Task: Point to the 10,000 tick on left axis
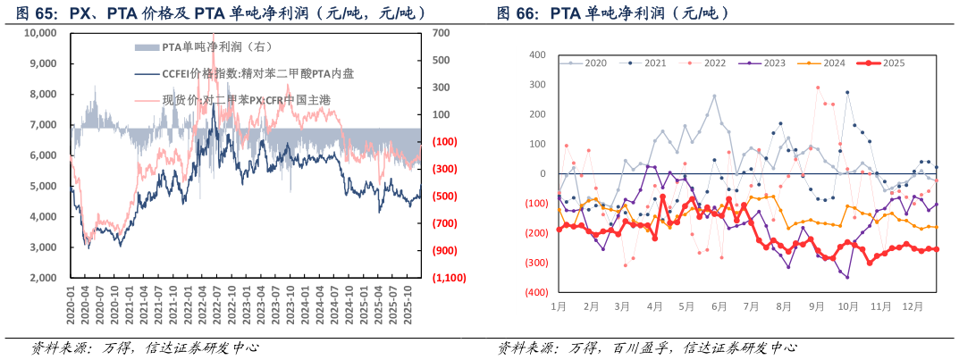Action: coord(40,33)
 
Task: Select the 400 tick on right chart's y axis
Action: coord(537,55)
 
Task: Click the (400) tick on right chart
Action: coord(534,293)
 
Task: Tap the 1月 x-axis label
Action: coord(558,306)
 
